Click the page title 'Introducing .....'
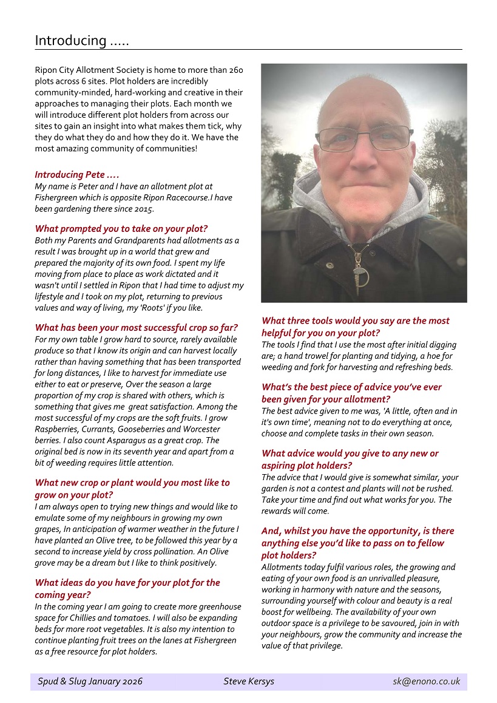coord(81,41)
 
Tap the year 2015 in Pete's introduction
coord(144,209)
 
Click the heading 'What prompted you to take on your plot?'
coord(121,229)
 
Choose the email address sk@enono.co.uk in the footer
coord(426,681)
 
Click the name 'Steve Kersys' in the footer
coord(248,681)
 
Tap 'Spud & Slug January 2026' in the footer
coord(90,681)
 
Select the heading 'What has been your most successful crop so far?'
coord(137,327)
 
